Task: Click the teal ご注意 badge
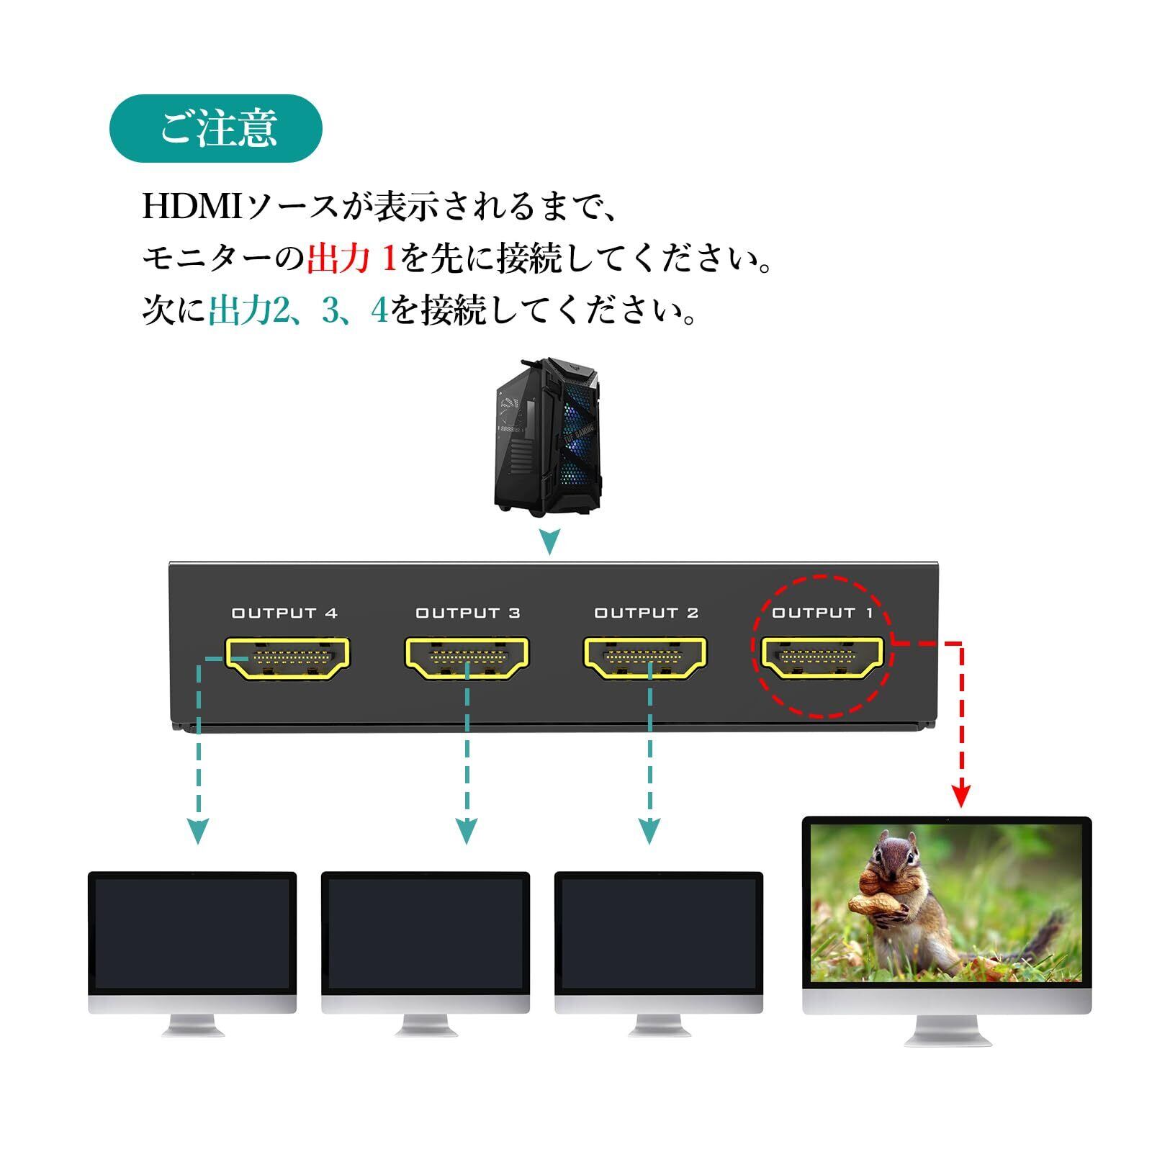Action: pyautogui.click(x=215, y=128)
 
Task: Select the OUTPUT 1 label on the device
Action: pyautogui.click(x=822, y=613)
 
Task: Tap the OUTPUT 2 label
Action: pyautogui.click(x=646, y=613)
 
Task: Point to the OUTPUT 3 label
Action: pyautogui.click(x=467, y=613)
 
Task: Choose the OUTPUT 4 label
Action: pyautogui.click(x=284, y=613)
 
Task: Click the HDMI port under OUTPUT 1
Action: pyautogui.click(x=822, y=657)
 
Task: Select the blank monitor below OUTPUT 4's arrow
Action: pyautogui.click(x=192, y=933)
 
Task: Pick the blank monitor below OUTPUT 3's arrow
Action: pyautogui.click(x=426, y=933)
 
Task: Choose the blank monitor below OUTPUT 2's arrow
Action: pyautogui.click(x=659, y=933)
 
